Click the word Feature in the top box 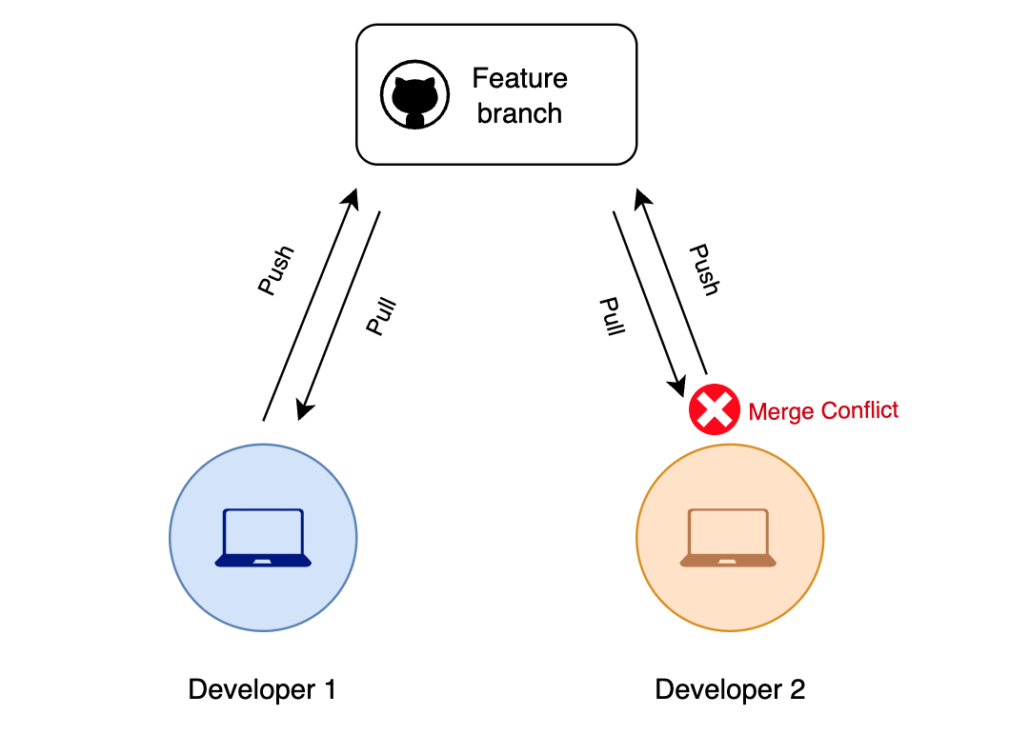click(519, 78)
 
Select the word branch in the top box click(519, 113)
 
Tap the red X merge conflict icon click(715, 410)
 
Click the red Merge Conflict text click(823, 411)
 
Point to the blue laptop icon click(263, 538)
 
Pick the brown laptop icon click(728, 538)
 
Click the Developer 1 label click(262, 690)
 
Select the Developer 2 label click(730, 690)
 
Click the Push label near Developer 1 click(275, 271)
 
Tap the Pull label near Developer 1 click(381, 317)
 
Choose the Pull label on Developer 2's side click(611, 317)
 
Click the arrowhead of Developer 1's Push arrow click(352, 198)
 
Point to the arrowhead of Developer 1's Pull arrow click(303, 409)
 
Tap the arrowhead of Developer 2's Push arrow click(642, 198)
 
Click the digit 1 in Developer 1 click(329, 690)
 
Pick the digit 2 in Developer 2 click(797, 690)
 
